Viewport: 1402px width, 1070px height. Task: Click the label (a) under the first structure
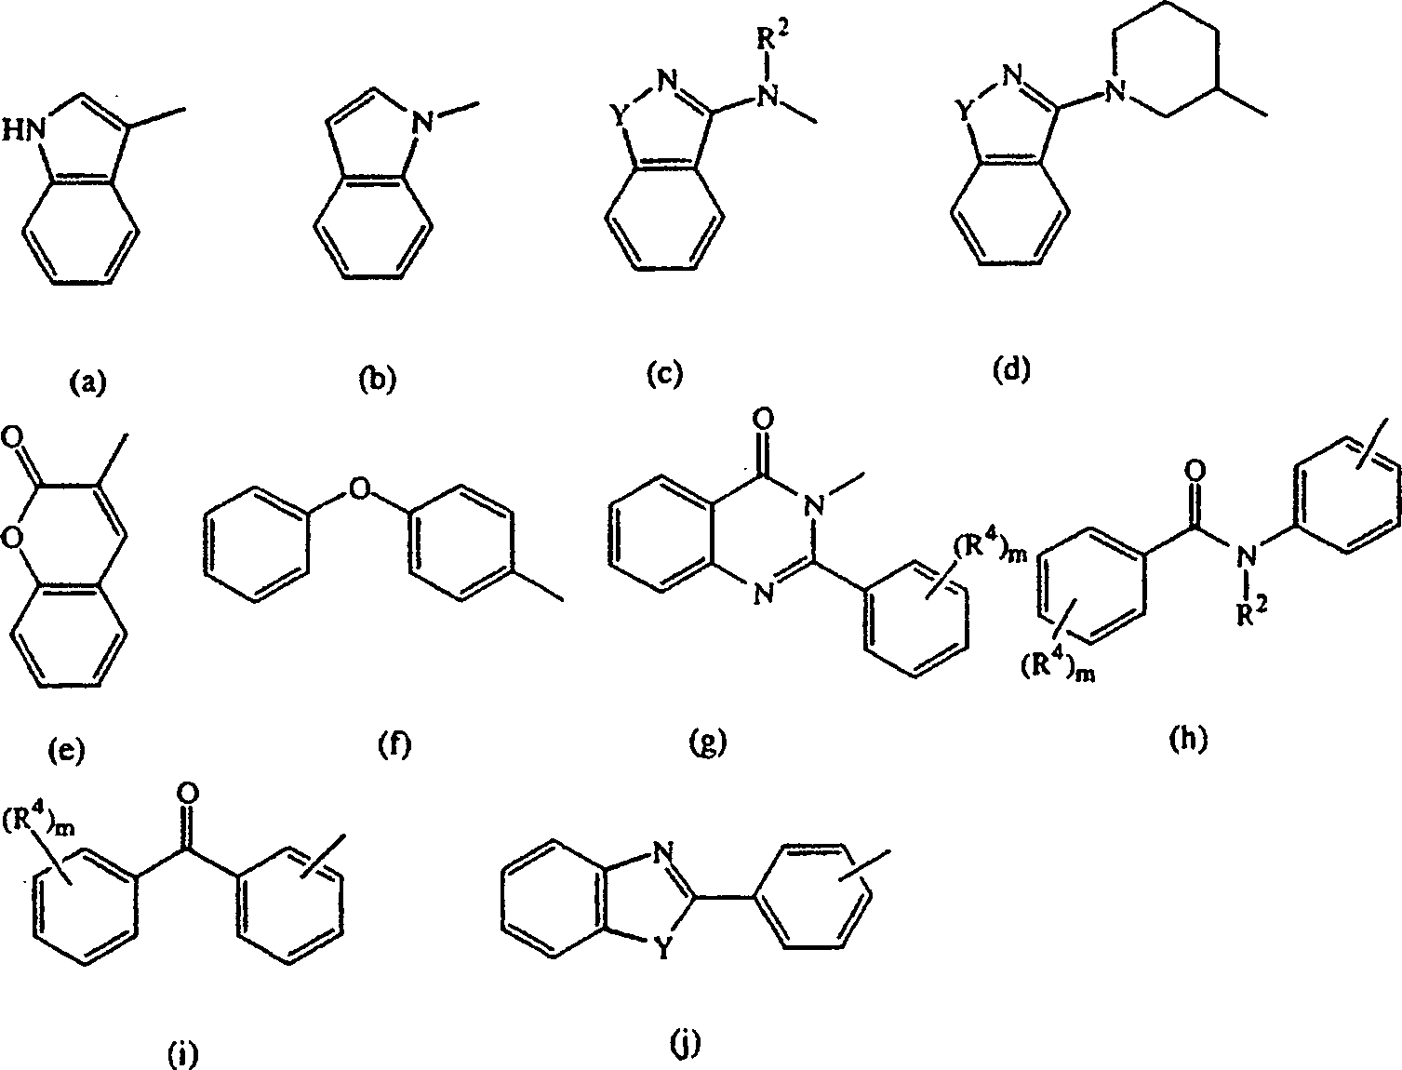click(89, 381)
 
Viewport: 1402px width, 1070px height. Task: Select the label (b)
click(377, 381)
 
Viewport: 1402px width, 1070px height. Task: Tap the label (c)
click(664, 374)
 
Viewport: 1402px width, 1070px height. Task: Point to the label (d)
click(1012, 369)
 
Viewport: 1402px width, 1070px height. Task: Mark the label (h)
click(1187, 739)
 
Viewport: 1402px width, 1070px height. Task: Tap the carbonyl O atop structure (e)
click(12, 436)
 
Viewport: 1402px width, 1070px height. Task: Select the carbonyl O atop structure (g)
click(764, 434)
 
